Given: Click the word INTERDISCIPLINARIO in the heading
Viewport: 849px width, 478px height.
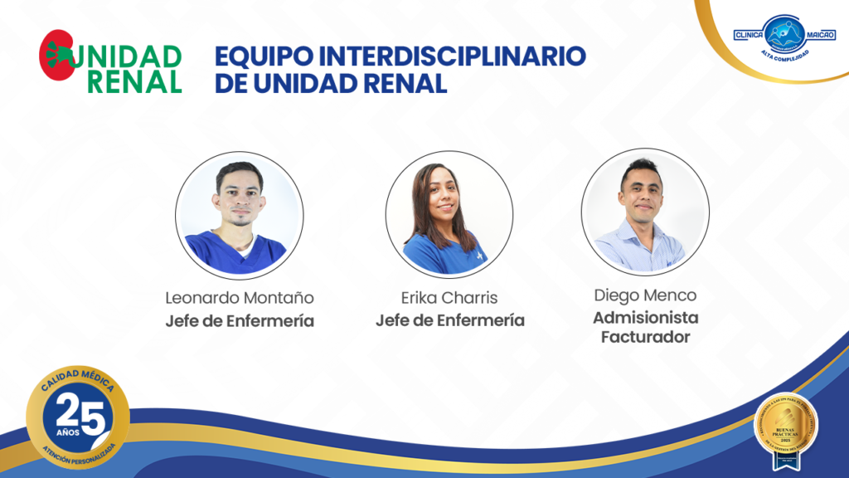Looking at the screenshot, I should (x=453, y=56).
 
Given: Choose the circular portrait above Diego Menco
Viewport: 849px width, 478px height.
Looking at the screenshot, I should (x=645, y=212).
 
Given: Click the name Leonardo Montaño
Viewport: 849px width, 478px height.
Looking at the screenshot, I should (x=240, y=297).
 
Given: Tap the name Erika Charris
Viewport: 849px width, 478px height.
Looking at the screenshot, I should (x=449, y=297).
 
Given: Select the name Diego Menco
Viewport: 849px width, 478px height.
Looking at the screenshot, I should (x=645, y=295).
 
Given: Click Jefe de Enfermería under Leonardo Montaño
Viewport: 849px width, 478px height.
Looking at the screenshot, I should (x=240, y=321).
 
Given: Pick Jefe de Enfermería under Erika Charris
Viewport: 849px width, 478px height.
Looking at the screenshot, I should (x=449, y=320).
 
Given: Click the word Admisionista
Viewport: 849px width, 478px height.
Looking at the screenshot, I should (x=645, y=317).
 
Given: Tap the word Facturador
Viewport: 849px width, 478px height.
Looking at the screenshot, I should (x=645, y=337).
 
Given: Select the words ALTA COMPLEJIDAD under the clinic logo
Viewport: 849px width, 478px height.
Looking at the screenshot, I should (x=784, y=55).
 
